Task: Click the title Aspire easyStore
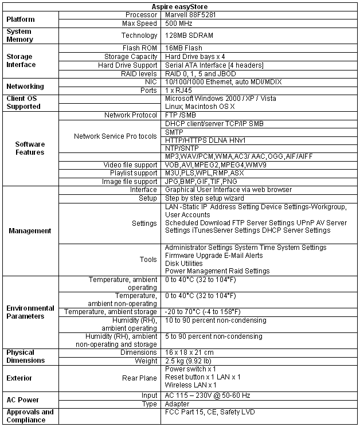[x=179, y=6]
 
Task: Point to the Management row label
[x=29, y=231]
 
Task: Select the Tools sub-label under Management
[x=148, y=259]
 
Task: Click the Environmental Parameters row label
[x=30, y=312]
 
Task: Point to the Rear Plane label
[x=139, y=378]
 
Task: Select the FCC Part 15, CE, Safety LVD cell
[x=209, y=412]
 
